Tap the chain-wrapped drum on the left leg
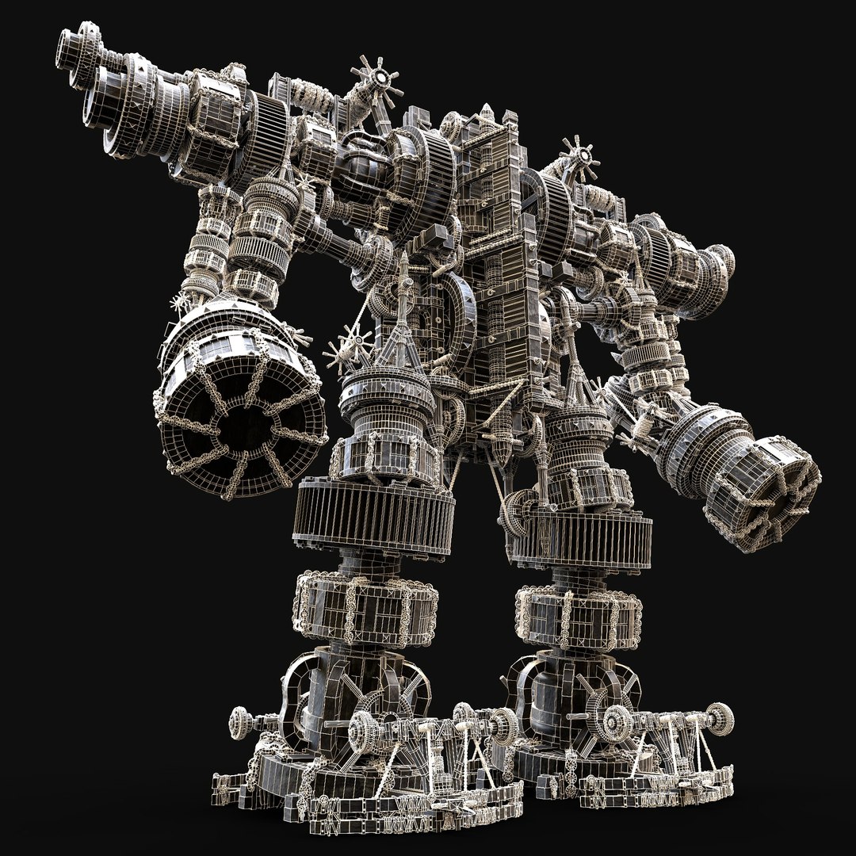[367, 604]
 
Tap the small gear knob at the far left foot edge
[240, 720]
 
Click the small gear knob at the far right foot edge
[720, 713]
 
